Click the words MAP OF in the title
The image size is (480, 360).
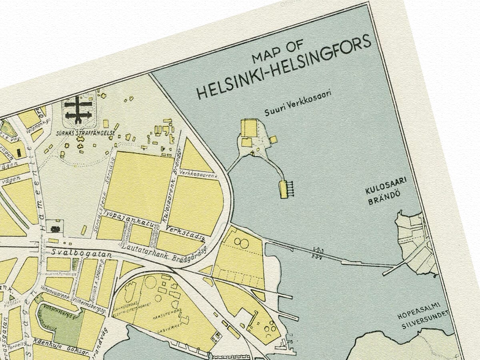point(278,52)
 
